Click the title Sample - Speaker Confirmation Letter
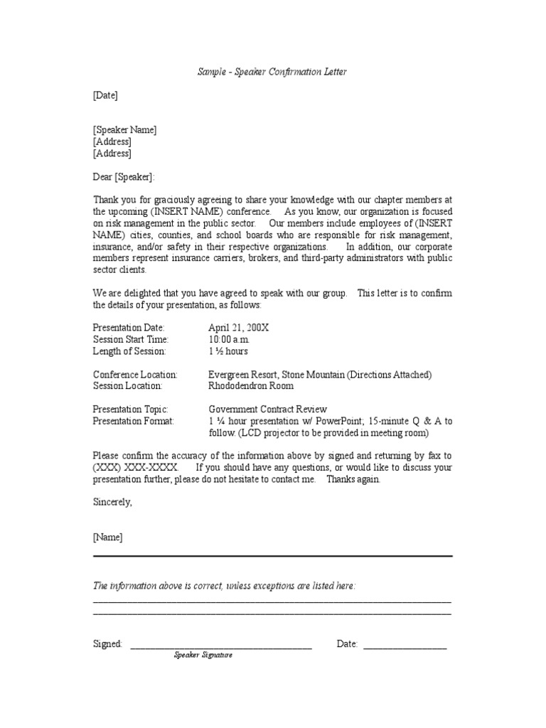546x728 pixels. (272, 73)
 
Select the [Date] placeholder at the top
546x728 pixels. (105, 95)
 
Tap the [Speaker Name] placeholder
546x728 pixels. (124, 130)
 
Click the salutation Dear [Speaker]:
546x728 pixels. (123, 177)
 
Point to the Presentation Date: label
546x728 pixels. (129, 328)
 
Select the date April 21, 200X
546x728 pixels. (239, 328)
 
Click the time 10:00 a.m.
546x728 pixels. (230, 340)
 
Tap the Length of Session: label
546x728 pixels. (129, 351)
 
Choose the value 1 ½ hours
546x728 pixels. (228, 351)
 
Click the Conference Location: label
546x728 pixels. (135, 375)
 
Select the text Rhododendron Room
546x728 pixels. (251, 386)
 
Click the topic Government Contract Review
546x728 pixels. (267, 409)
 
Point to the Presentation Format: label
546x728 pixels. (133, 421)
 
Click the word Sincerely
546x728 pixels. (112, 502)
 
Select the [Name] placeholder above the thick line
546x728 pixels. (107, 537)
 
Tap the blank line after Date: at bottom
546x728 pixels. (405, 646)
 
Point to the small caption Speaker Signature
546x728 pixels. (203, 655)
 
